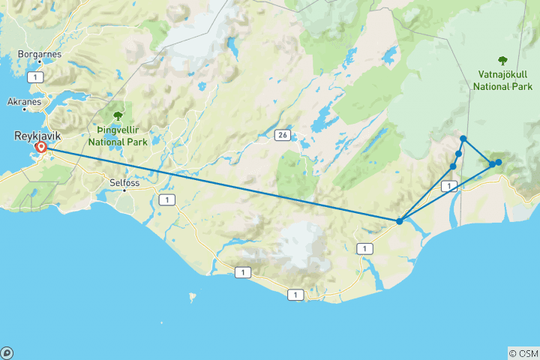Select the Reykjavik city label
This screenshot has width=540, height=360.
35,136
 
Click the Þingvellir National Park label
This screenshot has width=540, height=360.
117,135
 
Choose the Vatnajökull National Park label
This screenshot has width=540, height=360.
502,81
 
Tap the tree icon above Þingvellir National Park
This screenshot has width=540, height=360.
117,115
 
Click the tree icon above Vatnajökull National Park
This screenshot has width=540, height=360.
502,61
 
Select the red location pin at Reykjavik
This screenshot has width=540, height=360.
41,148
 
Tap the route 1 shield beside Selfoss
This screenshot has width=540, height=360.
166,199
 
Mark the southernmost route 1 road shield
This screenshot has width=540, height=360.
295,295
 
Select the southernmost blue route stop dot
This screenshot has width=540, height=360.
400,220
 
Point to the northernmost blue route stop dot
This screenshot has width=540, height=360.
463,139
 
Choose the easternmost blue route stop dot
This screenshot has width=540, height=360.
498,162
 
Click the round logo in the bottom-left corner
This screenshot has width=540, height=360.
7,352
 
